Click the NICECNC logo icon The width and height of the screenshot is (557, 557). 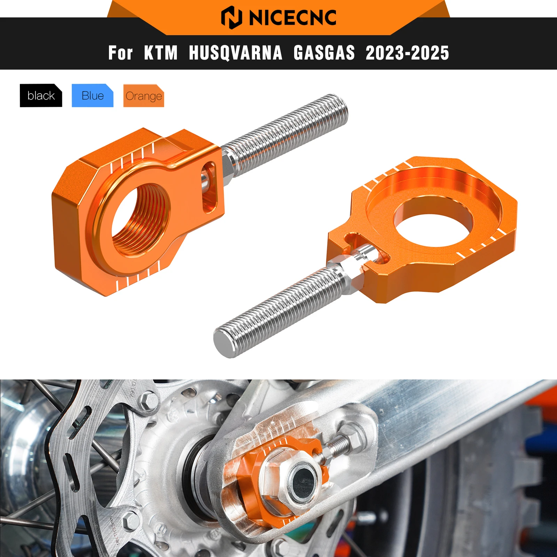click(232, 17)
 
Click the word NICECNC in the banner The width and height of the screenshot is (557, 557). click(292, 17)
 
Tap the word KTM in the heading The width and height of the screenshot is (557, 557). click(161, 53)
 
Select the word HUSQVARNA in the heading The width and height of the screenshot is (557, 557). click(235, 53)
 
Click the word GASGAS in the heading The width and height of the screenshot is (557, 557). click(324, 53)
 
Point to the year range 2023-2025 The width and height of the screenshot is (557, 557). click(407, 53)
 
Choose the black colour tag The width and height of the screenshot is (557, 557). click(41, 95)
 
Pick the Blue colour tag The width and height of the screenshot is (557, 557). click(93, 95)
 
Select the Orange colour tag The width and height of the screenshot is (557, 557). click(143, 96)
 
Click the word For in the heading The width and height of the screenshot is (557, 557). click(120, 53)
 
